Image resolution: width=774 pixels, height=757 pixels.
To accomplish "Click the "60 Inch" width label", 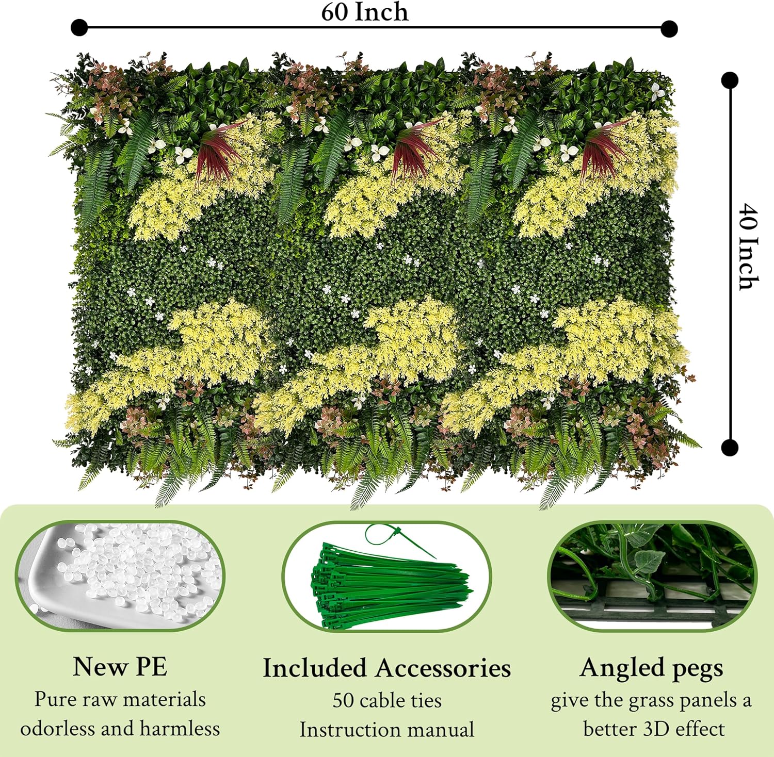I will pos(364,12).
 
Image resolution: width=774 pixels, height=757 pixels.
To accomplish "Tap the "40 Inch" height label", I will pos(748,246).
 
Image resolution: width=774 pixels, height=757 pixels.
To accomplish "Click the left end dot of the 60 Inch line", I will pos(79,27).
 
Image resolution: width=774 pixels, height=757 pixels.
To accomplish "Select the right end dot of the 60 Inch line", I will pos(669,28).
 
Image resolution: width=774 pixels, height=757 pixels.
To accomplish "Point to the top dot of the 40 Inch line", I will pos(730,80).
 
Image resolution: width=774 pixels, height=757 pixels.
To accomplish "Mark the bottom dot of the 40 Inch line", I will pos(730,447).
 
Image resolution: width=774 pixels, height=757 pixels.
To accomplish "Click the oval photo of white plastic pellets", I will pos(120,575).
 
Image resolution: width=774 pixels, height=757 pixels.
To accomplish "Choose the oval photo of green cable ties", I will pos(387,577).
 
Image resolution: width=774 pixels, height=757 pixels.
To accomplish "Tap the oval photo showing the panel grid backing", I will pos(653,577).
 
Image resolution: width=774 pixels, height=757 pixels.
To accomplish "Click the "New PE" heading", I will pos(120,666).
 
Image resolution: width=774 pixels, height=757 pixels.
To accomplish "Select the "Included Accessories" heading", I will pos(387,668).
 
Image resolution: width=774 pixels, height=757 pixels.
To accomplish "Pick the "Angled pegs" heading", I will pos(651,668).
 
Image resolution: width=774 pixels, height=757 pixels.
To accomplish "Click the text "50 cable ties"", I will pos(387,700).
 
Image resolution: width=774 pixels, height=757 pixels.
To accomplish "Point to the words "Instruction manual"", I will pos(387,730).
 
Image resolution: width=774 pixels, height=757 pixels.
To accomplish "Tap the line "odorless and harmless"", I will pos(120,729).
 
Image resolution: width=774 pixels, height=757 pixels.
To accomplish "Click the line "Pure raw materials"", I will pos(120,699).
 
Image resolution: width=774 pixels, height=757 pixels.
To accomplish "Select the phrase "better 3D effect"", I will pos(654,729).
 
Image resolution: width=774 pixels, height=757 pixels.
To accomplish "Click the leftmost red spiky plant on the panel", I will pos(217,150).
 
